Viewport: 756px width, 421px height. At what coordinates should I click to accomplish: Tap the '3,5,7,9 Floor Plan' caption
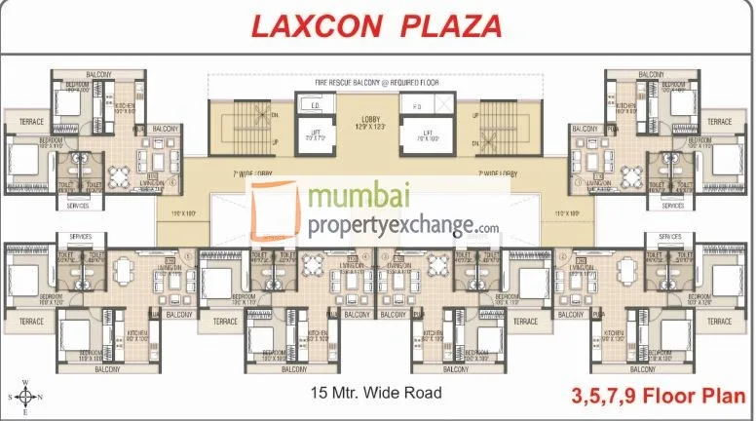(658, 397)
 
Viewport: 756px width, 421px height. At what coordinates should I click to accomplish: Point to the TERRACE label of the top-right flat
(719, 122)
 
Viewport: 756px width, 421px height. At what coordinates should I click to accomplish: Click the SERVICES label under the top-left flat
(78, 206)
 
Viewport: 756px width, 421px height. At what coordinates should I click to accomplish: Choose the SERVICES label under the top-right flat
(672, 206)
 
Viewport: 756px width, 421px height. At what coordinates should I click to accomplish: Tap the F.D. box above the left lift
(316, 105)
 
